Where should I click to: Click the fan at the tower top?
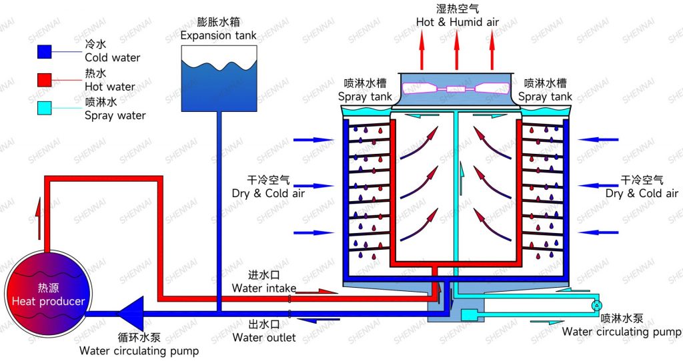pyautogui.click(x=456, y=88)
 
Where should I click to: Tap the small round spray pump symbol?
pyautogui.click(x=596, y=305)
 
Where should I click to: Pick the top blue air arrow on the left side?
pyautogui.click(x=313, y=140)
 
